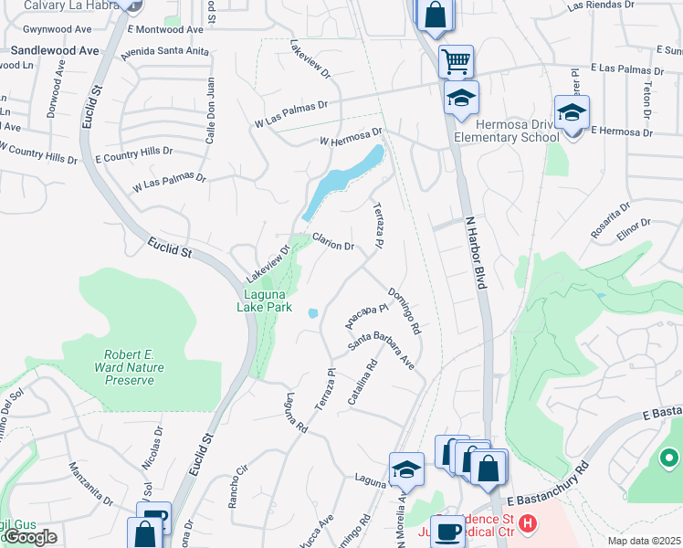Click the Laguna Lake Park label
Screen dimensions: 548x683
point(267,300)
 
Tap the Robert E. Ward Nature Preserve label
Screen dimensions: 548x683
point(129,366)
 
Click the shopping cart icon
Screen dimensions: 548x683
point(455,62)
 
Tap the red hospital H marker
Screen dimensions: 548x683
point(526,525)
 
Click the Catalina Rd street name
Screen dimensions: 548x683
point(363,384)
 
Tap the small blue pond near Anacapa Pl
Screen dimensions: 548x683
point(313,313)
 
